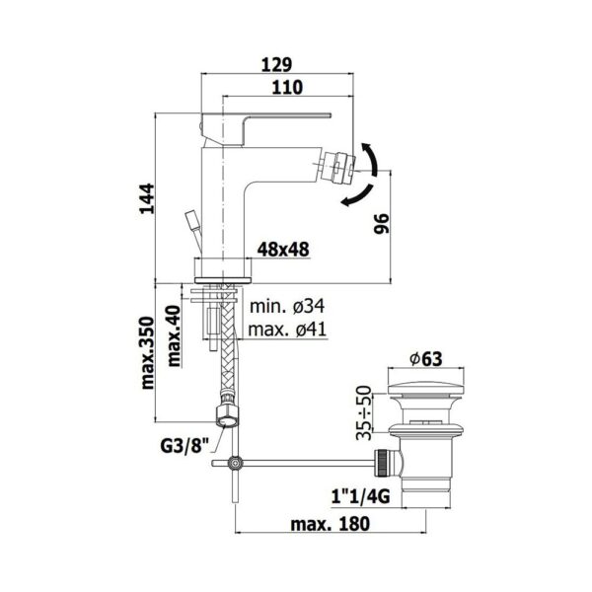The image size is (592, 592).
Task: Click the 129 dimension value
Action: pyautogui.click(x=276, y=65)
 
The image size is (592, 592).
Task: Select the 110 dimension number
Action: pyautogui.click(x=287, y=88)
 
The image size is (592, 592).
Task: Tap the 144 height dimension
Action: pyautogui.click(x=147, y=199)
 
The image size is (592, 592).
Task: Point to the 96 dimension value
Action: pyautogui.click(x=381, y=224)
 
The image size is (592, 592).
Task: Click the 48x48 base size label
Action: pyautogui.click(x=283, y=250)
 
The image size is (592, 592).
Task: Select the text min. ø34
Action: pyautogui.click(x=287, y=306)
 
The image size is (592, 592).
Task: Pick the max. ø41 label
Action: pyautogui.click(x=287, y=330)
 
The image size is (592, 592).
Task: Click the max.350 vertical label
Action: pyautogui.click(x=148, y=353)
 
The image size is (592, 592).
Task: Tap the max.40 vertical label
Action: pyautogui.click(x=174, y=336)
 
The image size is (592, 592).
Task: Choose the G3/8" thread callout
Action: pyautogui.click(x=185, y=447)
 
